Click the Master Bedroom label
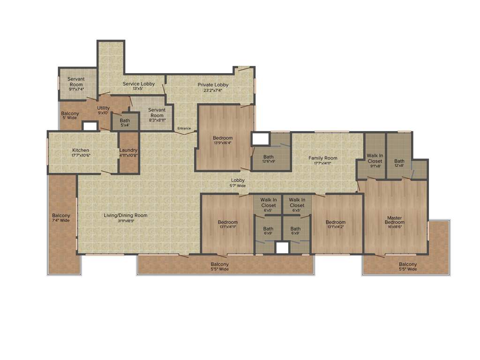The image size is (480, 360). pyautogui.click(x=395, y=220)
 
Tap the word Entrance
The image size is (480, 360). pyautogui.click(x=184, y=128)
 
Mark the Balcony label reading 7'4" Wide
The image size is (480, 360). pyautogui.click(x=61, y=218)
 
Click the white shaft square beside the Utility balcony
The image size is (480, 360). pyautogui.click(x=90, y=126)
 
